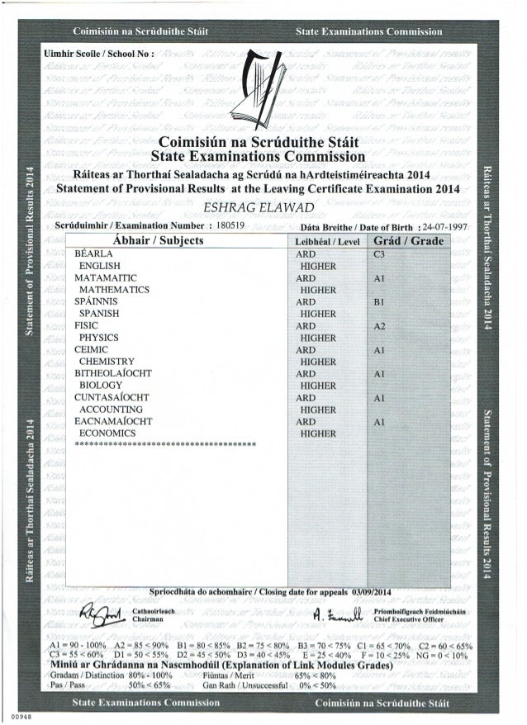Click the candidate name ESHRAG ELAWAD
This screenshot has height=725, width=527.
point(263,208)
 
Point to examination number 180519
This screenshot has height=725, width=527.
point(232,226)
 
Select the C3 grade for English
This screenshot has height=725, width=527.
point(380,254)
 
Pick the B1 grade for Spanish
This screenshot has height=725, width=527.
point(380,302)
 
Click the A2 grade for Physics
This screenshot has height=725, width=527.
point(380,326)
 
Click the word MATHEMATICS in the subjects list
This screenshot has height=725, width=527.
point(113,291)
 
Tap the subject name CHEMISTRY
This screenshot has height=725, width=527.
point(107,362)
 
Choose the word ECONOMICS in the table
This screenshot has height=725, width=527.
point(107,433)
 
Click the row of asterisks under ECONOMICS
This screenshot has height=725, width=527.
point(164,445)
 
